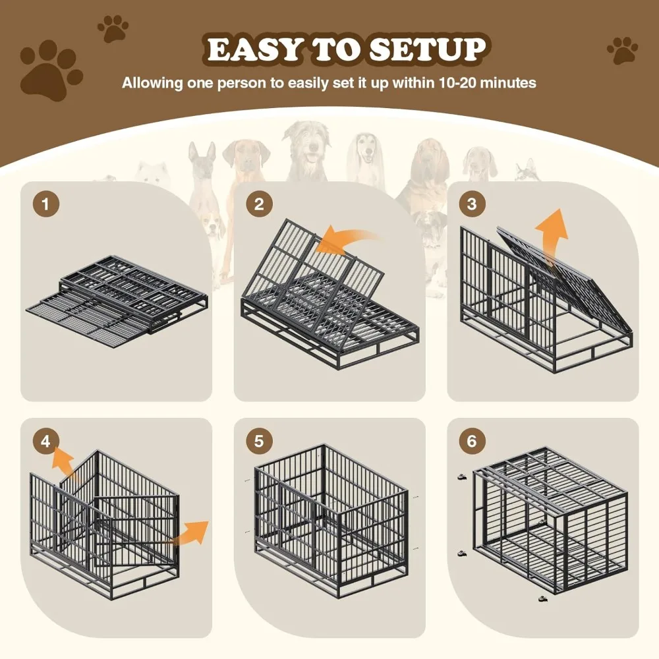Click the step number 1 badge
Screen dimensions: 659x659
coord(45,204)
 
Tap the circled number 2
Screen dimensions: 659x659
coord(259,204)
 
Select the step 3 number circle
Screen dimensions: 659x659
coord(471,204)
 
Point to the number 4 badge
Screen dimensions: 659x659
coord(45,441)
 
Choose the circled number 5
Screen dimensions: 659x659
coord(259,441)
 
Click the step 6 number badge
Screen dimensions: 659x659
coord(471,441)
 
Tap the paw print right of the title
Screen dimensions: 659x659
coord(621,51)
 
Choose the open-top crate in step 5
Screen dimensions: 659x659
coord(329,517)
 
